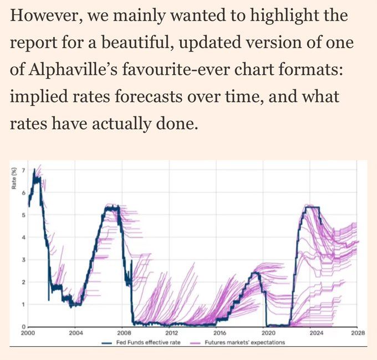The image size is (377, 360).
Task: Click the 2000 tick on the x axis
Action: tap(28, 333)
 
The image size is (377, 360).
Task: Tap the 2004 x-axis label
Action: tap(76, 333)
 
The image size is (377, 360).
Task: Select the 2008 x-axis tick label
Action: tap(124, 333)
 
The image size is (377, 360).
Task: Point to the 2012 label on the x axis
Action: tap(171, 333)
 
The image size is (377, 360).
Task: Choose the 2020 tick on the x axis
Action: tap(268, 333)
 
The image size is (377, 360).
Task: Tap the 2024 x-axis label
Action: tap(316, 333)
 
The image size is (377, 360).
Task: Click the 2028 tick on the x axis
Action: tap(358, 333)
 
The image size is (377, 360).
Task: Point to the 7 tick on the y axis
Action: tap(23, 170)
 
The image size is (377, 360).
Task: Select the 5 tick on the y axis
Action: tap(23, 215)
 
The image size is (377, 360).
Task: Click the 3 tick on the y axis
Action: tap(23, 260)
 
